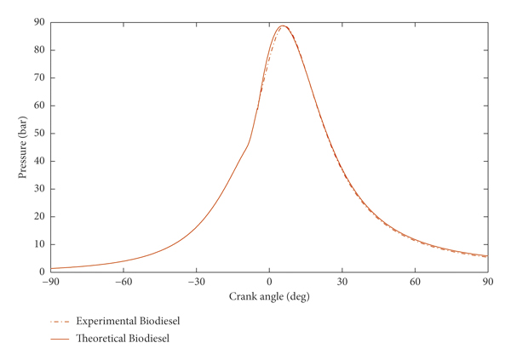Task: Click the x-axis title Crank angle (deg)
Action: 269,298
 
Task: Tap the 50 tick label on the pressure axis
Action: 39,134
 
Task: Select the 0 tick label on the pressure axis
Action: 42,272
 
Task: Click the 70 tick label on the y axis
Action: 39,78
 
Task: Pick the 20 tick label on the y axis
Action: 39,217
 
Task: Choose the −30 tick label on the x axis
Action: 196,283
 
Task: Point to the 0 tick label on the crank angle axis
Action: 270,283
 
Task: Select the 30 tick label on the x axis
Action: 342,283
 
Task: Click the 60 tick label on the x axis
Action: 415,283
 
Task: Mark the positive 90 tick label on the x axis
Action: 488,283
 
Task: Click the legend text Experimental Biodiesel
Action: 128,322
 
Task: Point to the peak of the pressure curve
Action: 283,26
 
